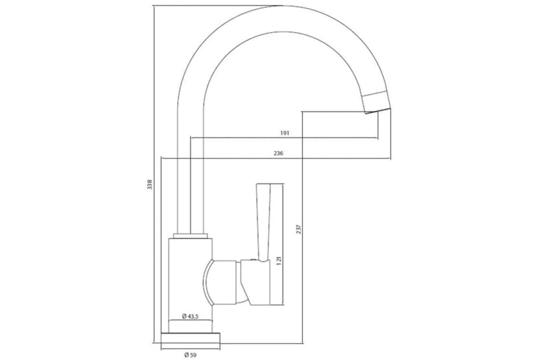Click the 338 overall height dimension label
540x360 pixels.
150,186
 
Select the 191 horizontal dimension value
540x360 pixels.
284,133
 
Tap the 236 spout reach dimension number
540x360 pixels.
279,154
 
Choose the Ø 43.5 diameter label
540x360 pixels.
190,316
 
